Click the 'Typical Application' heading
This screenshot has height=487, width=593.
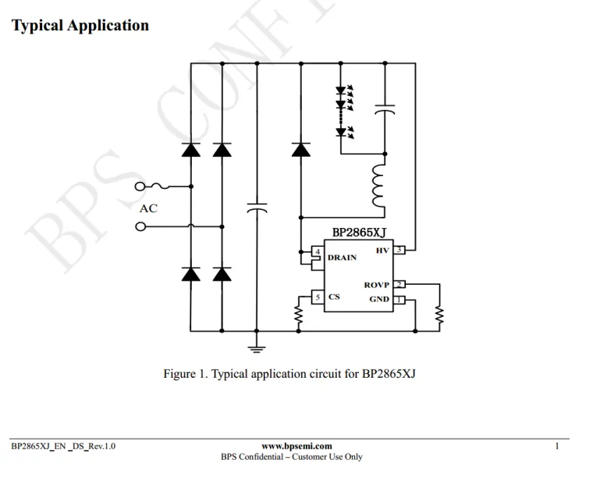(80, 26)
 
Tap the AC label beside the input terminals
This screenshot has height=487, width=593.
(148, 208)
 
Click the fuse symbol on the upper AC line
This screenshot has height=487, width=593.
(165, 187)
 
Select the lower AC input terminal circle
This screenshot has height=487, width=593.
(140, 227)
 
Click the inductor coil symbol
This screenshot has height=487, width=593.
(380, 187)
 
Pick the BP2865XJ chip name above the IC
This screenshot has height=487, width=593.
(359, 233)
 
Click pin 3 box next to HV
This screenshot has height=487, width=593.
(399, 251)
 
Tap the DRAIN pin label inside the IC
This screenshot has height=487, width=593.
(343, 258)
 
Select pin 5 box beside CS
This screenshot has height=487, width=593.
(318, 297)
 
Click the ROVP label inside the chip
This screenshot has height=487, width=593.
(376, 285)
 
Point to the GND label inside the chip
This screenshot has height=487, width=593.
(379, 300)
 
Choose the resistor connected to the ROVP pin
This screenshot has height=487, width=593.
(439, 315)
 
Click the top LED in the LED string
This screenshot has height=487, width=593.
(341, 91)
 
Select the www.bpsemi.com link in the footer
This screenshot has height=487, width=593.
(291, 446)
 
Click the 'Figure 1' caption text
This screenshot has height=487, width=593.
(289, 374)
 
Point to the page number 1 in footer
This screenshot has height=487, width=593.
(557, 446)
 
